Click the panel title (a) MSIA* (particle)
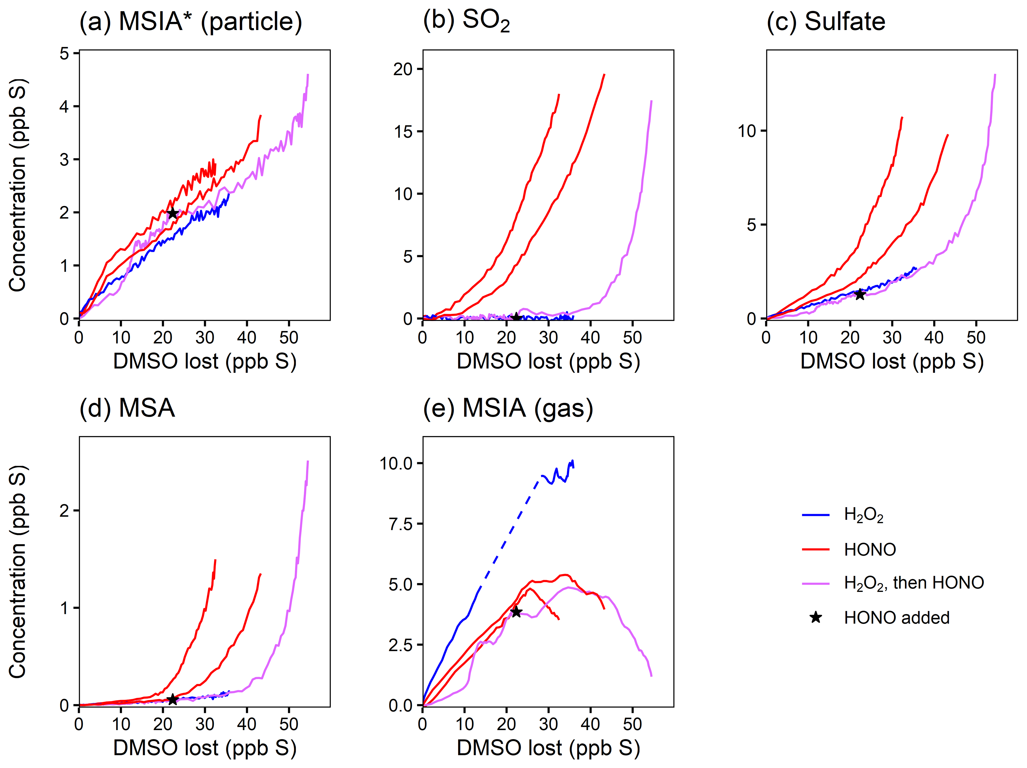pyautogui.click(x=190, y=22)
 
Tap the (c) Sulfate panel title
pyautogui.click(x=826, y=22)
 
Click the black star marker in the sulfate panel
pyautogui.click(x=860, y=294)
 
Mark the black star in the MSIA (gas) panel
pyautogui.click(x=516, y=612)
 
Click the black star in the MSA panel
pyautogui.click(x=172, y=699)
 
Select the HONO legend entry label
pyautogui.click(x=870, y=550)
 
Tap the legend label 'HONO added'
pyautogui.click(x=897, y=618)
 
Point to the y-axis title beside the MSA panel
pyautogui.click(x=18, y=571)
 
